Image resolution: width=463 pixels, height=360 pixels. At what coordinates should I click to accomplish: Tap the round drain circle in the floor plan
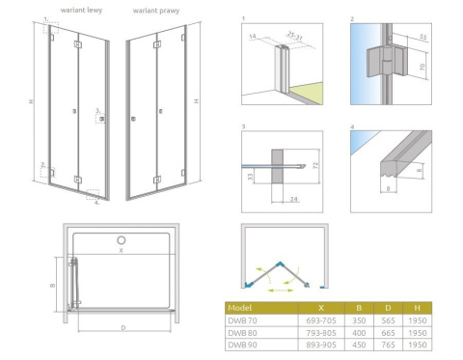(x=122, y=239)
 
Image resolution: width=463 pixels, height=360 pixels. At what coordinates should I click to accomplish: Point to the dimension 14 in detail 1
(x=252, y=36)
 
